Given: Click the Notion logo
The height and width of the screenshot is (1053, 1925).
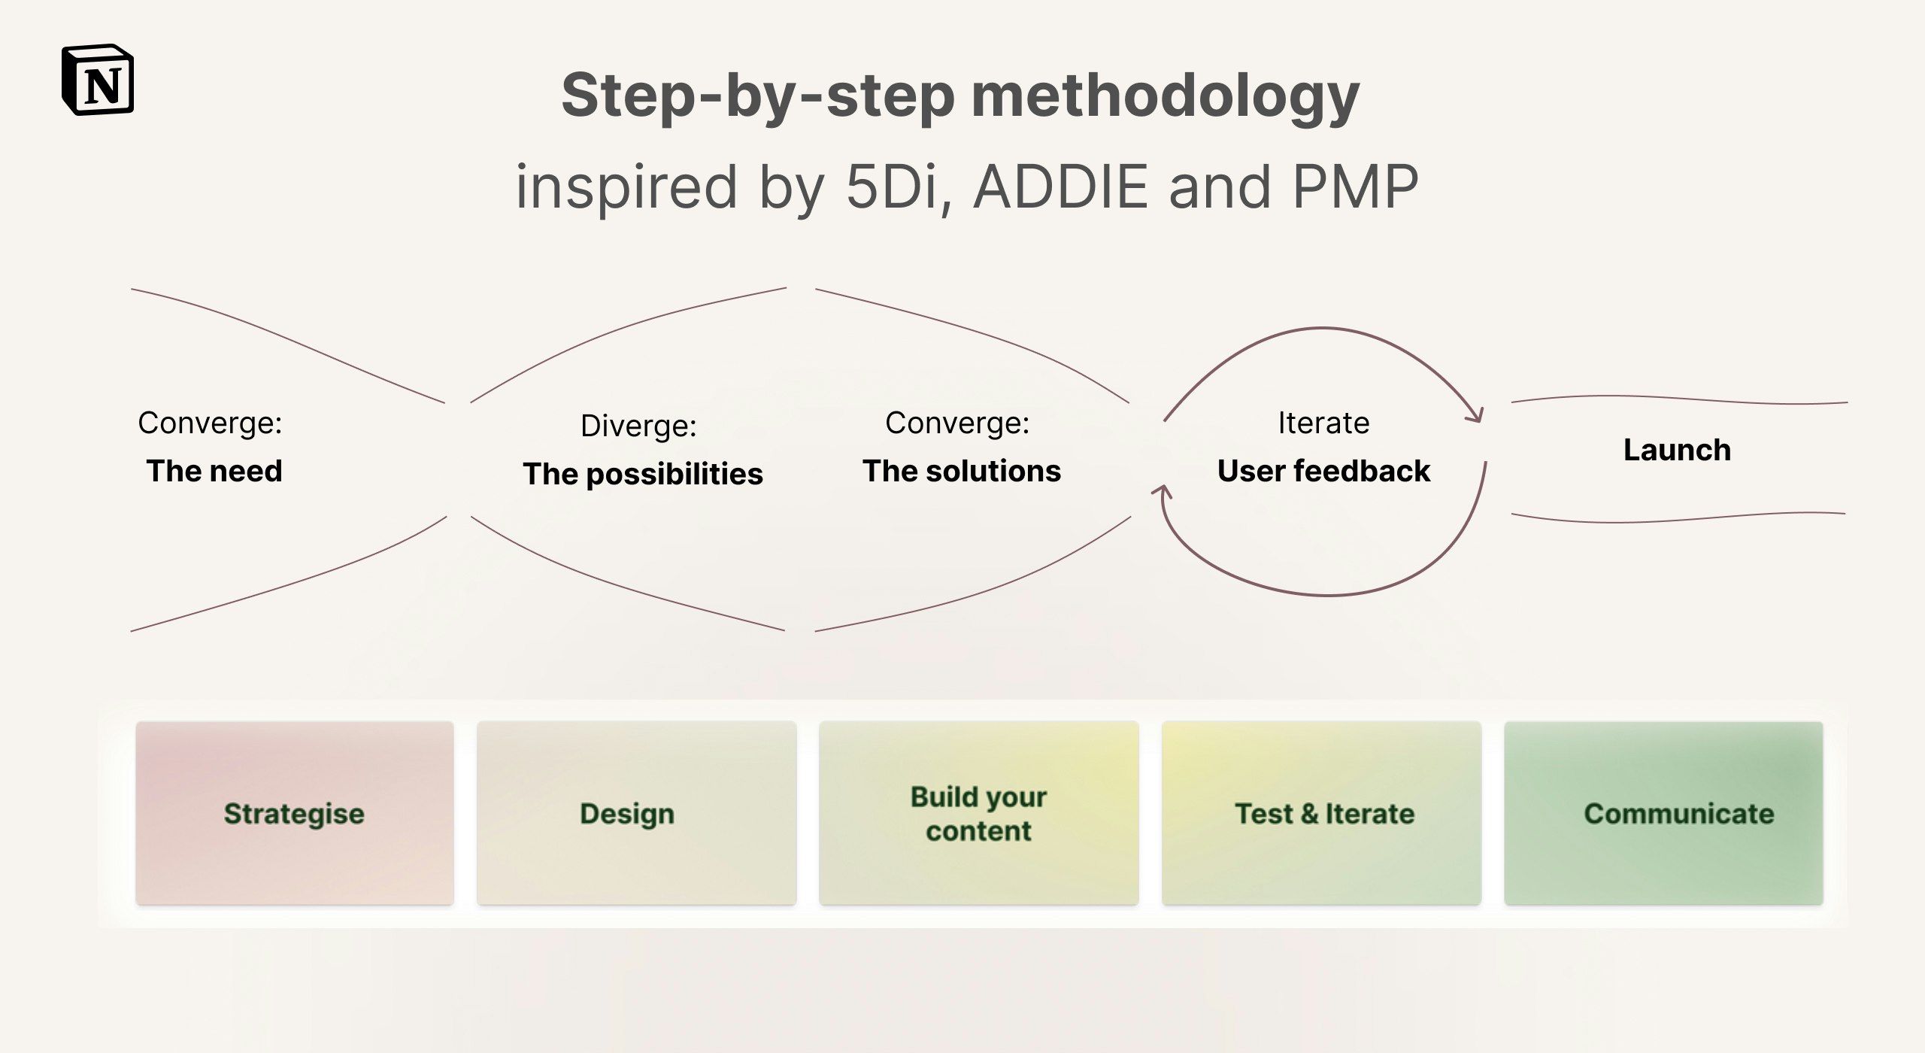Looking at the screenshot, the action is point(98,80).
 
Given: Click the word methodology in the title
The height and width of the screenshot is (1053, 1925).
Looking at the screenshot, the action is point(1166,97).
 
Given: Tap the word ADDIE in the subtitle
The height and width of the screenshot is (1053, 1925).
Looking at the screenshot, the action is point(1061,187).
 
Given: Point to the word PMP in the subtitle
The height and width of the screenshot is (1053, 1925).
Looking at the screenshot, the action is point(1355,187).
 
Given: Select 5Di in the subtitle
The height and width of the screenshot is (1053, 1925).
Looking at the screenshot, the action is point(893,188).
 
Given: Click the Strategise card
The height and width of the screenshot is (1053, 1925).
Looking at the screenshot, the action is point(295,813).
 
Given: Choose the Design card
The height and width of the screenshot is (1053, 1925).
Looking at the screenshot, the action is point(636,813).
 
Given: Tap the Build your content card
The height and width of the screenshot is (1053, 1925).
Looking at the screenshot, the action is point(978,813).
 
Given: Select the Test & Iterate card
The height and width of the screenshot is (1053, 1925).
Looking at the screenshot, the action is point(1321,813).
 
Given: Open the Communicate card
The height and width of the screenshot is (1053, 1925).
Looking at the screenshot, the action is point(1663,813).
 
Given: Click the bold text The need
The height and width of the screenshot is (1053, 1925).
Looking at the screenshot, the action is point(214,471).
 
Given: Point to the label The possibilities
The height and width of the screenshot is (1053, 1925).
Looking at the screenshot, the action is point(643,475).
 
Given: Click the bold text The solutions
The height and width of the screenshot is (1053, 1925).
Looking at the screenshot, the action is point(962,471).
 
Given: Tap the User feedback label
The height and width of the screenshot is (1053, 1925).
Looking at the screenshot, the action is point(1323,471).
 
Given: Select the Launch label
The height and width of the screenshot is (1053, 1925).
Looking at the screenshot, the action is point(1677,450).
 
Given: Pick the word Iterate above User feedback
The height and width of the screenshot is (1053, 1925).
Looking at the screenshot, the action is point(1323,423).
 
